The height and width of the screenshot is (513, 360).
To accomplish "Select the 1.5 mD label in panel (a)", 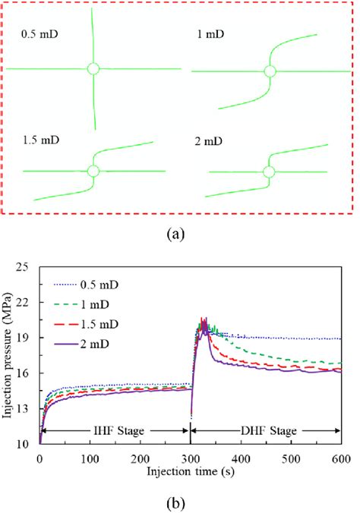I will tap(38, 142).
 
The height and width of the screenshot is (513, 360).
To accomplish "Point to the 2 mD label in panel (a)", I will tap(207, 142).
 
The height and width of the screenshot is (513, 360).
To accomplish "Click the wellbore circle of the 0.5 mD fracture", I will tap(93, 69).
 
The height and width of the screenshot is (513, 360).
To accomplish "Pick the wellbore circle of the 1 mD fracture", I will tap(269, 72).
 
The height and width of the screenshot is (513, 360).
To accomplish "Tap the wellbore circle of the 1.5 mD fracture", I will tap(93, 171).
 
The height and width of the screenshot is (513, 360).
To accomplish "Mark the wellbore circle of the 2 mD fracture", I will tap(267, 172).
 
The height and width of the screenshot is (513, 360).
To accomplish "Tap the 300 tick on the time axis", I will tap(191, 458).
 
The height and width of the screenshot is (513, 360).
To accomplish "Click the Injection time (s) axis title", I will tap(190, 471).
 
